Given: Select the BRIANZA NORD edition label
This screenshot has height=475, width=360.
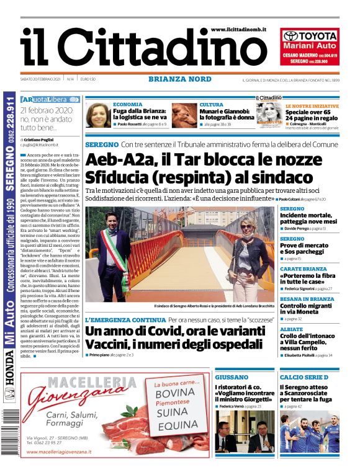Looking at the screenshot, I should click(x=180, y=79).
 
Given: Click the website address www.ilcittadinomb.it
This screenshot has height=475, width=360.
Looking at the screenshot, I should click(x=238, y=29).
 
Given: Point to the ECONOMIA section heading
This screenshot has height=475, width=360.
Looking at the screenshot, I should click(x=128, y=105).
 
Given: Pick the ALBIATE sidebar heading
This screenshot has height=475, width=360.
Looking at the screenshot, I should click(x=291, y=329).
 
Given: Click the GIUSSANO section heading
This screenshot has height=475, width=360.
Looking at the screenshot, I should click(x=232, y=377).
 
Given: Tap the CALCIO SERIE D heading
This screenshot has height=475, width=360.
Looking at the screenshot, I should click(x=304, y=377).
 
